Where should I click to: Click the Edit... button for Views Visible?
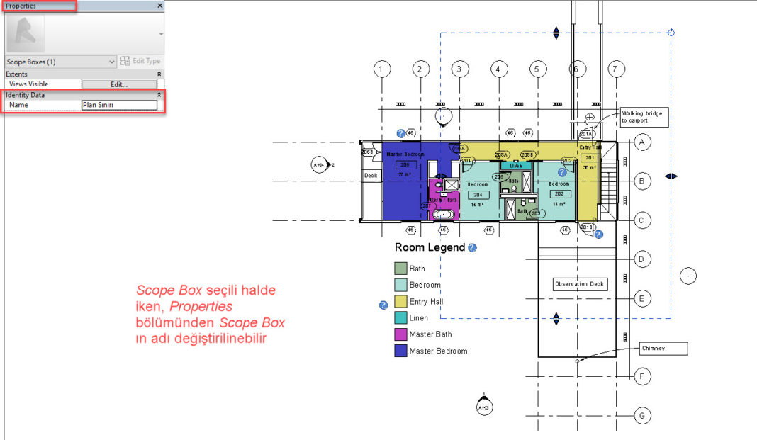tap(118, 84)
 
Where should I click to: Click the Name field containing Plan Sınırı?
tap(118, 105)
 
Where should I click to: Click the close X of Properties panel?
tap(159, 6)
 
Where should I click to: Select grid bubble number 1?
tap(381, 69)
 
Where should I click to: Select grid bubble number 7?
tap(617, 69)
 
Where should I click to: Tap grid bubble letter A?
tap(641, 142)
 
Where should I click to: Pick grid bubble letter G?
tap(641, 415)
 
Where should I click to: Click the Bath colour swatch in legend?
tap(400, 269)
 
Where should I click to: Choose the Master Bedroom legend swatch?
tap(400, 351)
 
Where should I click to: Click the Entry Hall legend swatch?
tap(400, 302)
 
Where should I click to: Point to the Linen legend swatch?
tap(400, 318)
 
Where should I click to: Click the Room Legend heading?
tap(430, 247)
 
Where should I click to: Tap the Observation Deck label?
tap(580, 284)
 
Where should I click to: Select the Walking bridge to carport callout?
tap(644, 117)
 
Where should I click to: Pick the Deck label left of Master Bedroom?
tap(371, 175)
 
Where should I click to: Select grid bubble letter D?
tap(641, 259)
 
